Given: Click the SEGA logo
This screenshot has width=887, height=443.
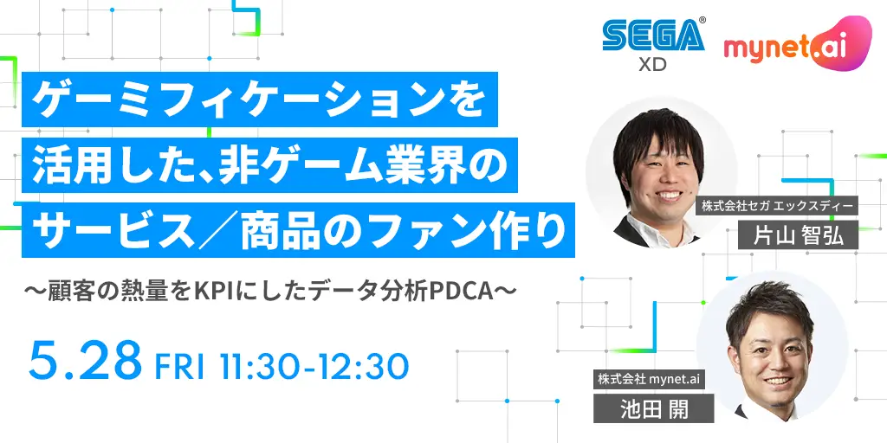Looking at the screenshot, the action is tap(653, 35).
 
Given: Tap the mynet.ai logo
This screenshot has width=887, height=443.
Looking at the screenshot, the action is tap(798, 44).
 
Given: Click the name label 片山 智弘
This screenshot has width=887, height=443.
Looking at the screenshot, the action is tap(798, 235).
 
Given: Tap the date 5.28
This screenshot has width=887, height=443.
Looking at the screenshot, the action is tap(85, 360).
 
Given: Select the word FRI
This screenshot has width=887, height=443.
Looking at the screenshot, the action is tap(179, 366).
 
